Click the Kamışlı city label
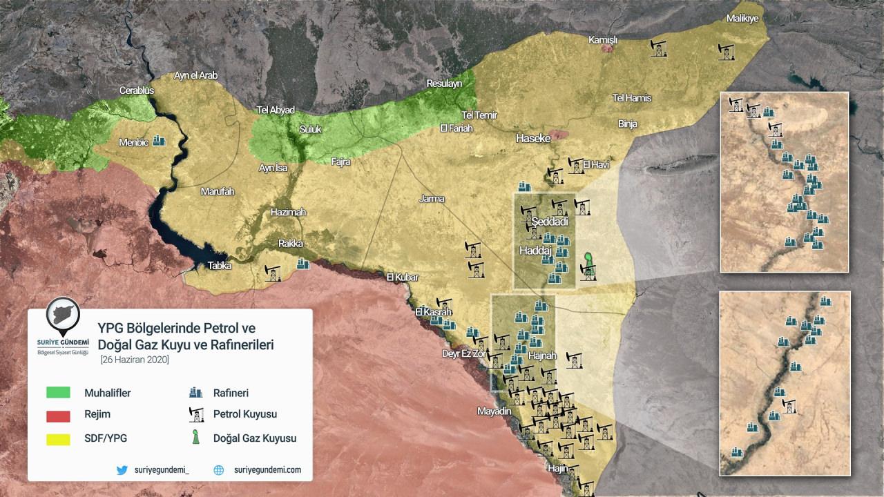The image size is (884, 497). (602, 40)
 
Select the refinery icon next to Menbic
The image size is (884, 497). (160, 140)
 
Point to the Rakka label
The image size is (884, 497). (290, 243)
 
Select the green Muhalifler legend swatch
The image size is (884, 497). (58, 393)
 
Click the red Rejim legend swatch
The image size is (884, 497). (58, 415)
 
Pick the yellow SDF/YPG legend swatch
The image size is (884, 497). (58, 438)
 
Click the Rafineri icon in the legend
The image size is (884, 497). (196, 393)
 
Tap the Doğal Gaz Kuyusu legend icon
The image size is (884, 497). (196, 438)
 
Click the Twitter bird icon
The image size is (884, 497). (122, 470)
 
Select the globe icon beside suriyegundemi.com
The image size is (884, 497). (219, 470)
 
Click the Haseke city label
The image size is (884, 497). (533, 138)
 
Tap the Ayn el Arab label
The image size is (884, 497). (195, 75)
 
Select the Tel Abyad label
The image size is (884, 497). (276, 110)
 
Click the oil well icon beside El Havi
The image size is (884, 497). (575, 165)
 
